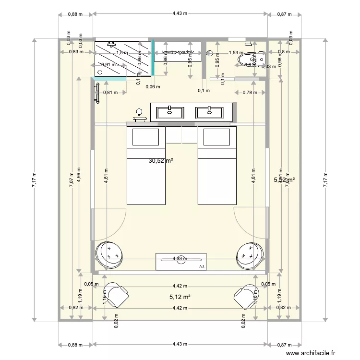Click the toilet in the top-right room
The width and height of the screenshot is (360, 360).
[258, 59]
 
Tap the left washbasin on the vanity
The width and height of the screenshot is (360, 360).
[170, 112]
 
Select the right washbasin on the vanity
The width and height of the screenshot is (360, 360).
[209, 112]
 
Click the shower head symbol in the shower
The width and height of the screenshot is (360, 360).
[111, 44]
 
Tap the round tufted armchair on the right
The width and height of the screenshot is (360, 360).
[251, 254]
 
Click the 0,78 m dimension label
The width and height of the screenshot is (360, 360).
[248, 93]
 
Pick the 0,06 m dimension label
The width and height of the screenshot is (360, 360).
[153, 86]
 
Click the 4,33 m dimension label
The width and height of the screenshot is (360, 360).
[180, 258]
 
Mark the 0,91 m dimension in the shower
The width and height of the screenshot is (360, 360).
[108, 65]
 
